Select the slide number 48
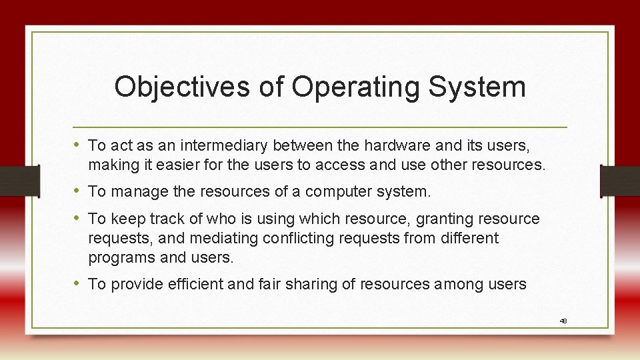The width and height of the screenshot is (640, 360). pyautogui.click(x=563, y=321)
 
